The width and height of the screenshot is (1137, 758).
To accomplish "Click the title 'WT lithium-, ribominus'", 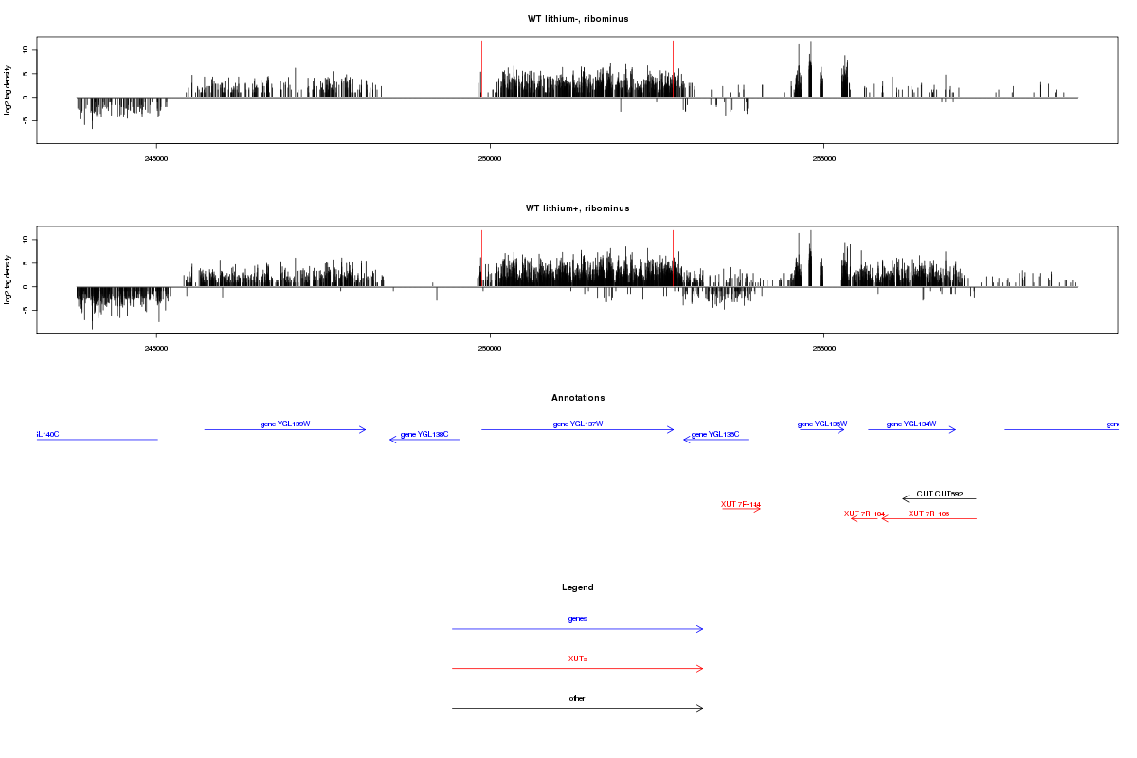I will coord(577,19).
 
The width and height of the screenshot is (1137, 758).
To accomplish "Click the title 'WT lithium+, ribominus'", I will coord(577,208).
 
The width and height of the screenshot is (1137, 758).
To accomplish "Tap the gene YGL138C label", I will coord(424,434).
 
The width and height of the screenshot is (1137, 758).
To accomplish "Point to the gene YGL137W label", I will coord(578,424).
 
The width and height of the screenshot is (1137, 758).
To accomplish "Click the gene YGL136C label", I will coord(715,434).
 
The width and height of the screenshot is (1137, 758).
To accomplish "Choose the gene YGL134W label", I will coord(911,424).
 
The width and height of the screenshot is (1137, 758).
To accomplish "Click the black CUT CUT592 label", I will coord(940,494).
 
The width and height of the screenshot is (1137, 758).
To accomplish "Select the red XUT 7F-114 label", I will coord(741,504).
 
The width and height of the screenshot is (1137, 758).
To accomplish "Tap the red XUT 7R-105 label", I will coord(929,514).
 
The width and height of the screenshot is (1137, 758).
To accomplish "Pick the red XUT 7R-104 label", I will coord(864,514).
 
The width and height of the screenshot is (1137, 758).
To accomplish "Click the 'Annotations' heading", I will coord(578,398).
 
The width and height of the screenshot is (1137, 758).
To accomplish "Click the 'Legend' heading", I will coord(578,587).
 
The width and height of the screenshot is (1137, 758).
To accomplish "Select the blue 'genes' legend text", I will coord(578,619).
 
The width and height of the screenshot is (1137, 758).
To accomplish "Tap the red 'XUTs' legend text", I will coord(578,659).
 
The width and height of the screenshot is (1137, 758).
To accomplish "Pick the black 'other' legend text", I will coord(578,698).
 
